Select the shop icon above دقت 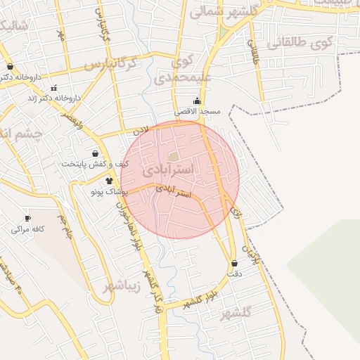[x=234, y=263]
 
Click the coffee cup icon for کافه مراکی [x=27, y=218]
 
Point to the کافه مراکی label [x=28, y=229]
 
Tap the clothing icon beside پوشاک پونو [x=108, y=181]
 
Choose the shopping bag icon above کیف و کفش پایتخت [x=96, y=153]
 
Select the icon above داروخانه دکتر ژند [x=54, y=88]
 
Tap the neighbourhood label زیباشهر [x=122, y=286]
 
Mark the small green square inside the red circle [x=173, y=157]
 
